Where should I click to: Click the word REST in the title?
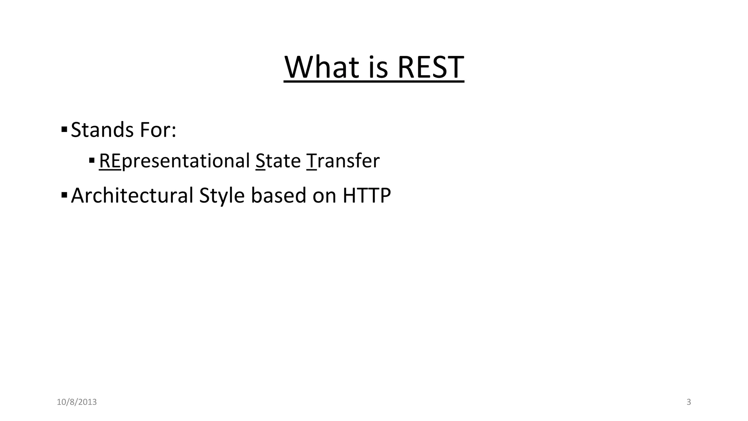coord(430,67)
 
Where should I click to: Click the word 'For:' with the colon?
coord(159,130)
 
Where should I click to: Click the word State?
coord(278,161)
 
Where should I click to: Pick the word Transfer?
coord(343,161)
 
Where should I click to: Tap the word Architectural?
coord(132,196)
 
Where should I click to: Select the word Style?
coord(222,196)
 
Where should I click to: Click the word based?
coord(278,196)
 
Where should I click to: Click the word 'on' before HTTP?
coord(324,196)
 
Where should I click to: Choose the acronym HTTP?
coord(367,196)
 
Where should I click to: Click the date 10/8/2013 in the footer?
coord(77,402)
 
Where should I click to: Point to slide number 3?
coord(689,402)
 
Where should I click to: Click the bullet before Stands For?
coord(64,129)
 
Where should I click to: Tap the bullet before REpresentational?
coord(92,160)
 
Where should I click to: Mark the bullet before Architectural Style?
coord(64,195)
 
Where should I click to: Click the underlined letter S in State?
coord(260,161)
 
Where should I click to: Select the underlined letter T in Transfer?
coord(312,161)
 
